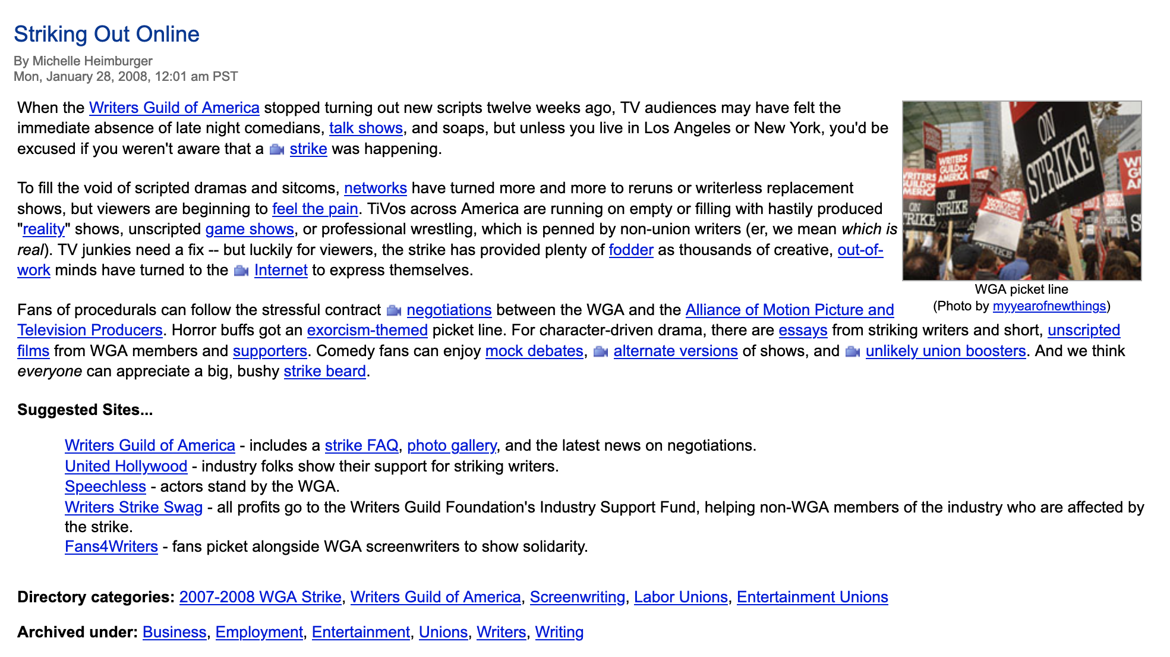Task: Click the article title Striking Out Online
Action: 106,34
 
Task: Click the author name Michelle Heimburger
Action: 92,61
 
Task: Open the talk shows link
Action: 366,128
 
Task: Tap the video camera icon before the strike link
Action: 276,149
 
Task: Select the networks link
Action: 376,188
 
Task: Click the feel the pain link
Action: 315,209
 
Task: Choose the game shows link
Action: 250,230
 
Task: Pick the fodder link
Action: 631,250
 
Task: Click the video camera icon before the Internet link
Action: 241,271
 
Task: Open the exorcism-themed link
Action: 367,331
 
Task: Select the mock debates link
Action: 534,351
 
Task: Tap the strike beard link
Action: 324,372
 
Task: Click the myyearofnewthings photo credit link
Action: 1049,306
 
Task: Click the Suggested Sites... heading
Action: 85,410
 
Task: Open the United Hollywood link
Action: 126,467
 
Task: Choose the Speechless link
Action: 105,487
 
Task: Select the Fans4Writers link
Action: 111,547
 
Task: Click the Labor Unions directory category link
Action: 681,598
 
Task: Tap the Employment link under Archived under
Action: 259,633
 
